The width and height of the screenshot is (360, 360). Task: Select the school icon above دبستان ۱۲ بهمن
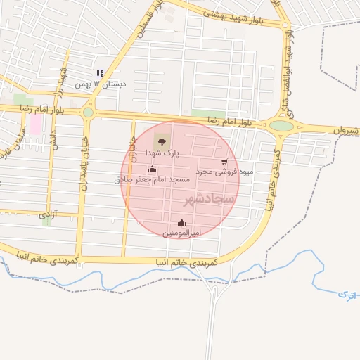click(x=100, y=73)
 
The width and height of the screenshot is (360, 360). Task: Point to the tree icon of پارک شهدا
click(x=162, y=141)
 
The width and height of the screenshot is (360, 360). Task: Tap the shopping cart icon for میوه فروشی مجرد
click(x=224, y=161)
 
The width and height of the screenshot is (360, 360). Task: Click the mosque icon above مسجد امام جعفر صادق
click(x=153, y=169)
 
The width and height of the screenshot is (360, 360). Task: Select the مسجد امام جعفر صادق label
click(x=153, y=180)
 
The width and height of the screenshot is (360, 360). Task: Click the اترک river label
click(x=346, y=293)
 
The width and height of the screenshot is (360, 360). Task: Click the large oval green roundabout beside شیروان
click(x=281, y=126)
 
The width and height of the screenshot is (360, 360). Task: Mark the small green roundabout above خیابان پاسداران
click(x=88, y=112)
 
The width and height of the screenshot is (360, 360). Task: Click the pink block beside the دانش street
click(x=34, y=124)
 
